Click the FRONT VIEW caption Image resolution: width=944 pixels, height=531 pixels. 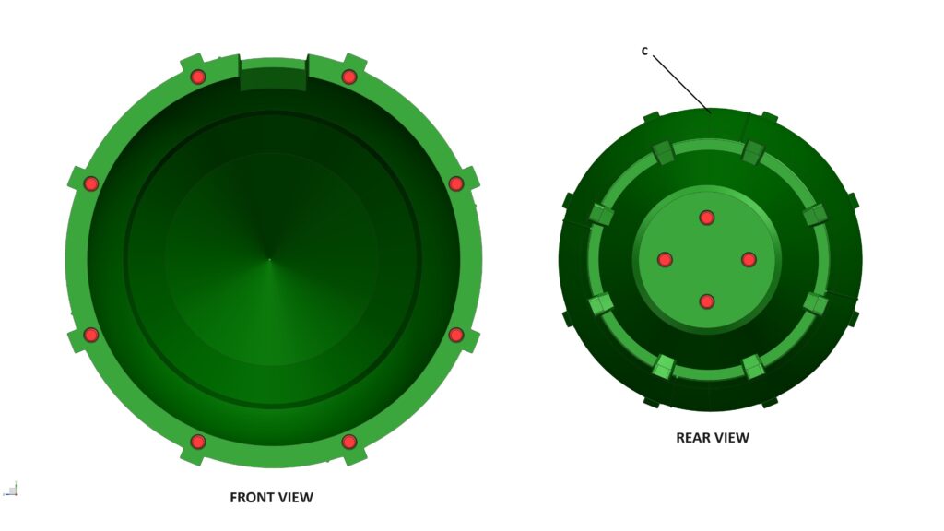(272, 497)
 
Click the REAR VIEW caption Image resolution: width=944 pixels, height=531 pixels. (713, 438)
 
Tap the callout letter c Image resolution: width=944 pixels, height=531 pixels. (644, 52)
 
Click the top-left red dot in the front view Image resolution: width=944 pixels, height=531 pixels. (198, 77)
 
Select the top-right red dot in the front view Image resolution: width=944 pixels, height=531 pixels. (349, 77)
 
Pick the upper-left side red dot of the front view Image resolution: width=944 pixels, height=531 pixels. (91, 183)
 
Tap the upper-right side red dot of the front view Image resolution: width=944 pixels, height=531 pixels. (456, 183)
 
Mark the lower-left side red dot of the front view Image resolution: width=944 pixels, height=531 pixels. (91, 335)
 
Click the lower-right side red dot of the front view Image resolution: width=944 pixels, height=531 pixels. (456, 335)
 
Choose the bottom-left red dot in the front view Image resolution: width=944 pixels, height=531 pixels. (198, 442)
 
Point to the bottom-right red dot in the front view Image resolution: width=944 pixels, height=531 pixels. (349, 442)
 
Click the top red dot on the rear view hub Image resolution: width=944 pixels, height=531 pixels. (707, 218)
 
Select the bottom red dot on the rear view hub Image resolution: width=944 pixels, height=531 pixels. (707, 301)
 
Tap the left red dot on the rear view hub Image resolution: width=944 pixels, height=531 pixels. (665, 259)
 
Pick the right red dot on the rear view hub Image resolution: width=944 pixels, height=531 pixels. (749, 259)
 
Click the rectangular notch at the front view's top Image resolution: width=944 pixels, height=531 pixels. (273, 74)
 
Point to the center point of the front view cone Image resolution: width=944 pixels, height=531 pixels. (270, 259)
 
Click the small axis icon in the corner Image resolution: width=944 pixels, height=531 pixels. (10, 490)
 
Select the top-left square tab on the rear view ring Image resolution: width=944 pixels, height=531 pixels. (663, 152)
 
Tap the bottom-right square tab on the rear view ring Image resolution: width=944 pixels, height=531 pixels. (754, 367)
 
